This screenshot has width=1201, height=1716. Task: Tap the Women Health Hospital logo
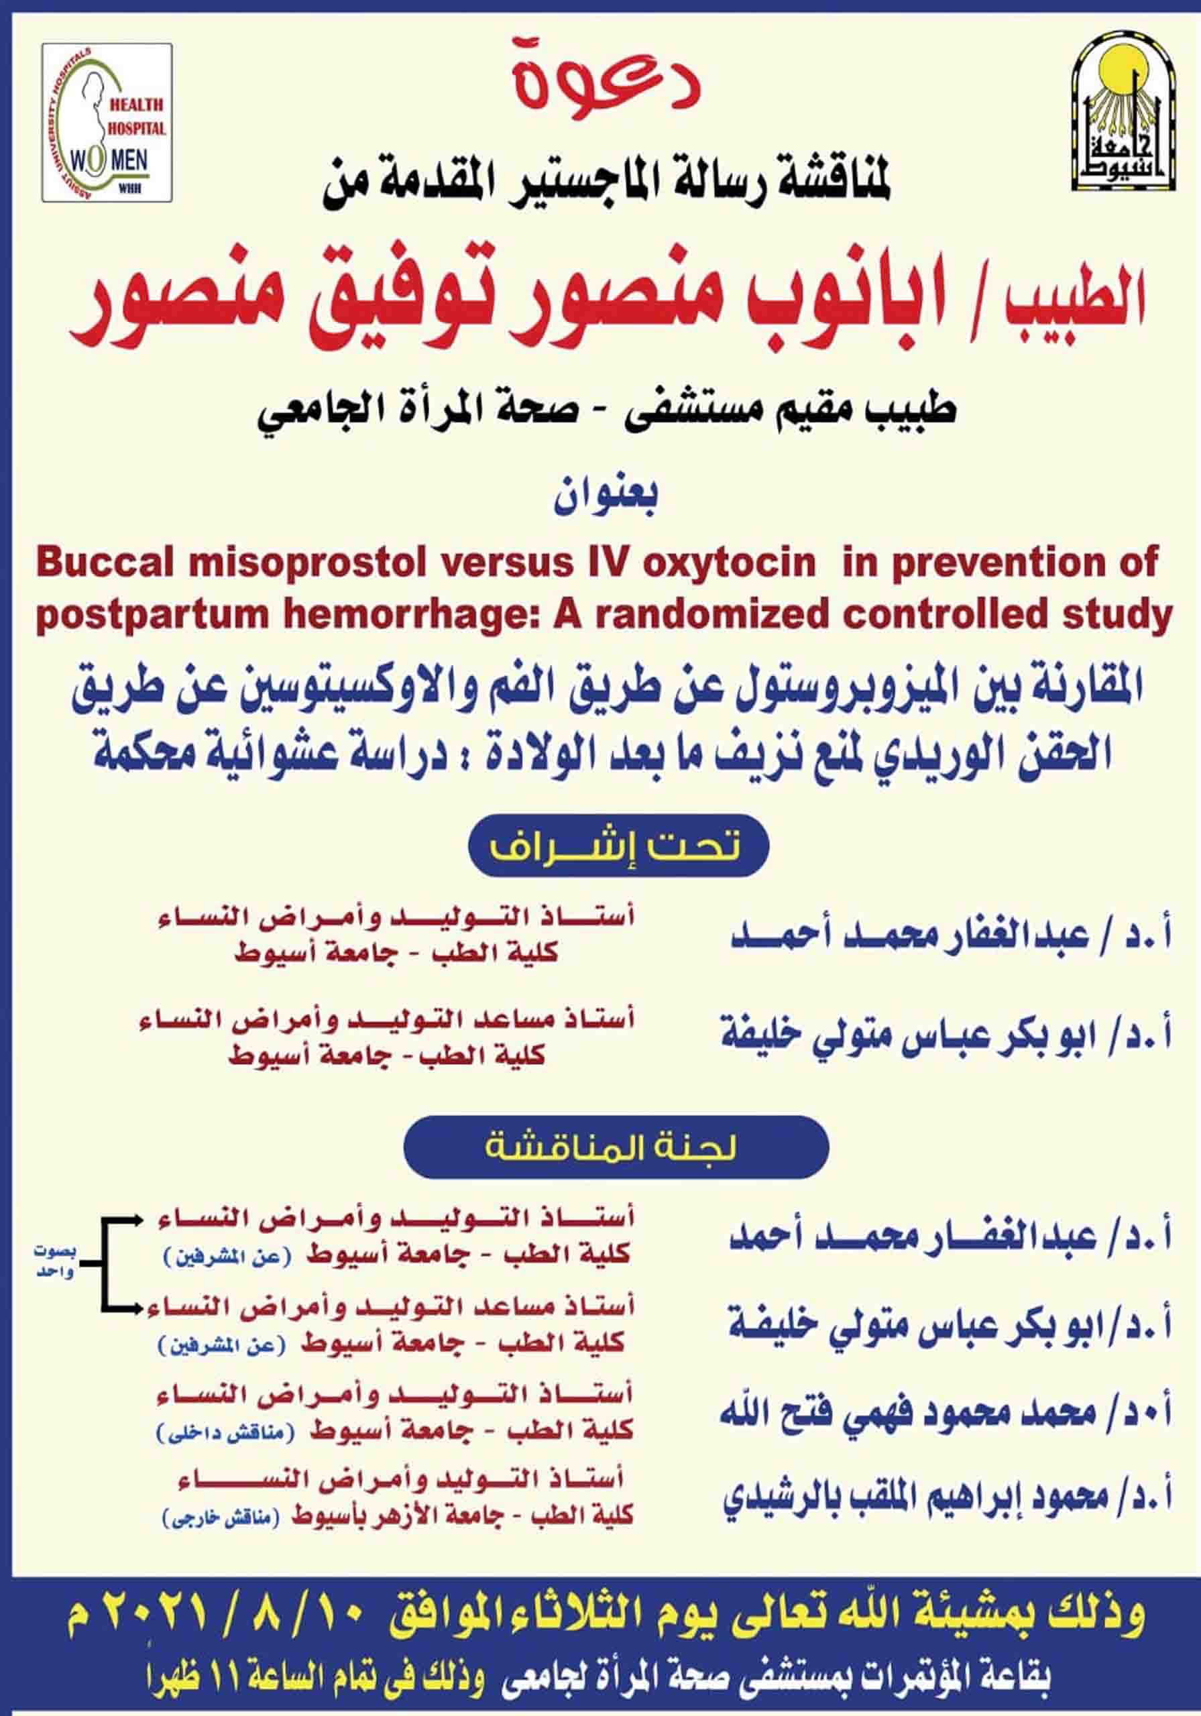pyautogui.click(x=107, y=122)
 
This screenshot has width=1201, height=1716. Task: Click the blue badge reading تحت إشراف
pyautogui.click(x=618, y=846)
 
